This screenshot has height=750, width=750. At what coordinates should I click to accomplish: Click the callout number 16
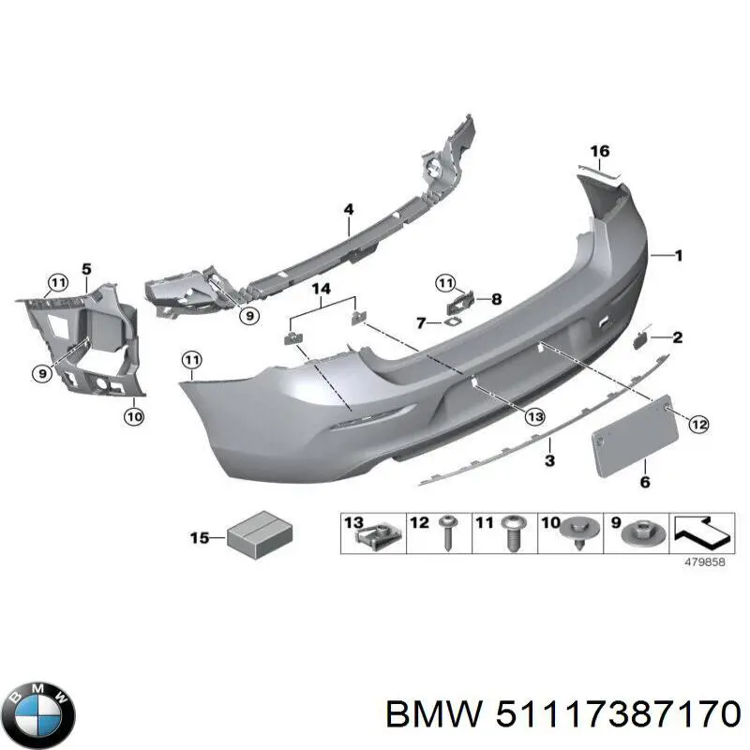(x=599, y=151)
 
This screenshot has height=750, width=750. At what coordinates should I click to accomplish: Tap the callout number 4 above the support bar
(x=348, y=209)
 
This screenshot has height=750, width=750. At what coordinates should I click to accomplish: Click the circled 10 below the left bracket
(x=134, y=417)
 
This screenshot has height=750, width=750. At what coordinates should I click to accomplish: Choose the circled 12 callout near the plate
(x=697, y=425)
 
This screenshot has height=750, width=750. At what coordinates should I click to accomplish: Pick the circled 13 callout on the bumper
(x=534, y=415)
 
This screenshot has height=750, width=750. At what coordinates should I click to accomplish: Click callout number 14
(x=322, y=287)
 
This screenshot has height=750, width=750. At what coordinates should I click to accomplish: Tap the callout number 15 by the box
(x=200, y=537)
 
